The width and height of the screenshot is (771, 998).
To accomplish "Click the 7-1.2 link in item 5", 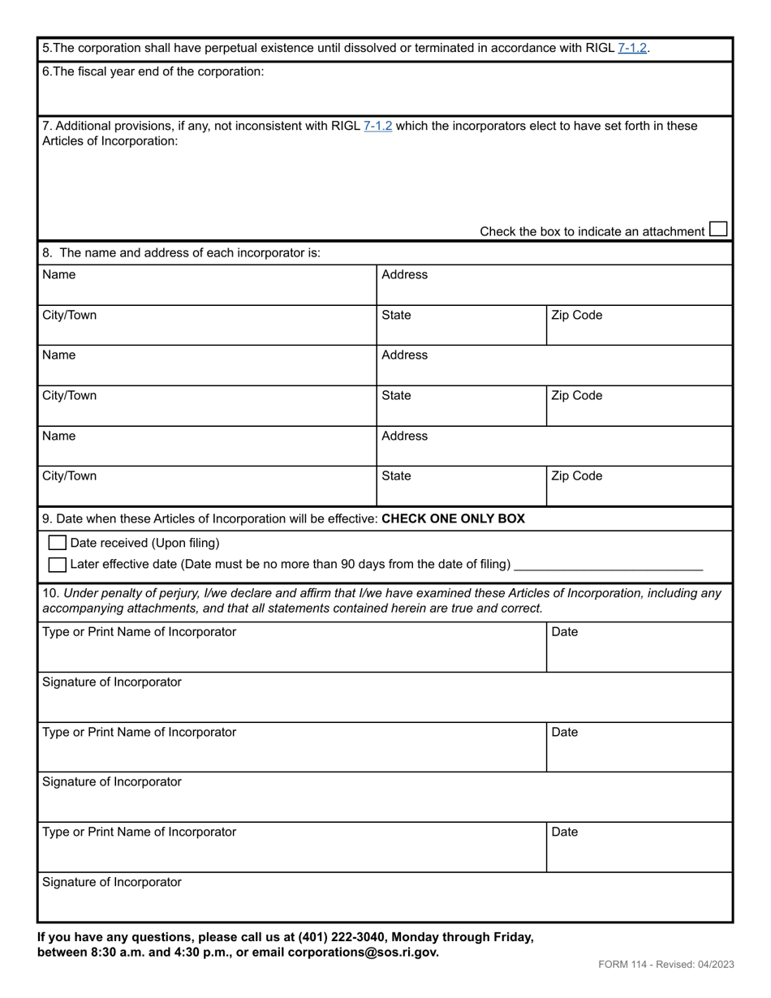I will tap(632, 48).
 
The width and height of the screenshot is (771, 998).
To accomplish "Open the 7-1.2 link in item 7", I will tap(378, 126).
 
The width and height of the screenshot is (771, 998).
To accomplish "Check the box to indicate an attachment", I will tap(717, 230).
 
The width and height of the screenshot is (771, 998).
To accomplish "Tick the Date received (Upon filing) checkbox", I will tap(57, 543).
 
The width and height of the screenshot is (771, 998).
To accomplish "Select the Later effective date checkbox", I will tap(57, 564).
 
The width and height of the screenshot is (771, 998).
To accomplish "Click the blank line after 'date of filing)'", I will tap(609, 566).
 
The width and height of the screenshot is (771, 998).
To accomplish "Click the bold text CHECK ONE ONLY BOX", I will tap(453, 518).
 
